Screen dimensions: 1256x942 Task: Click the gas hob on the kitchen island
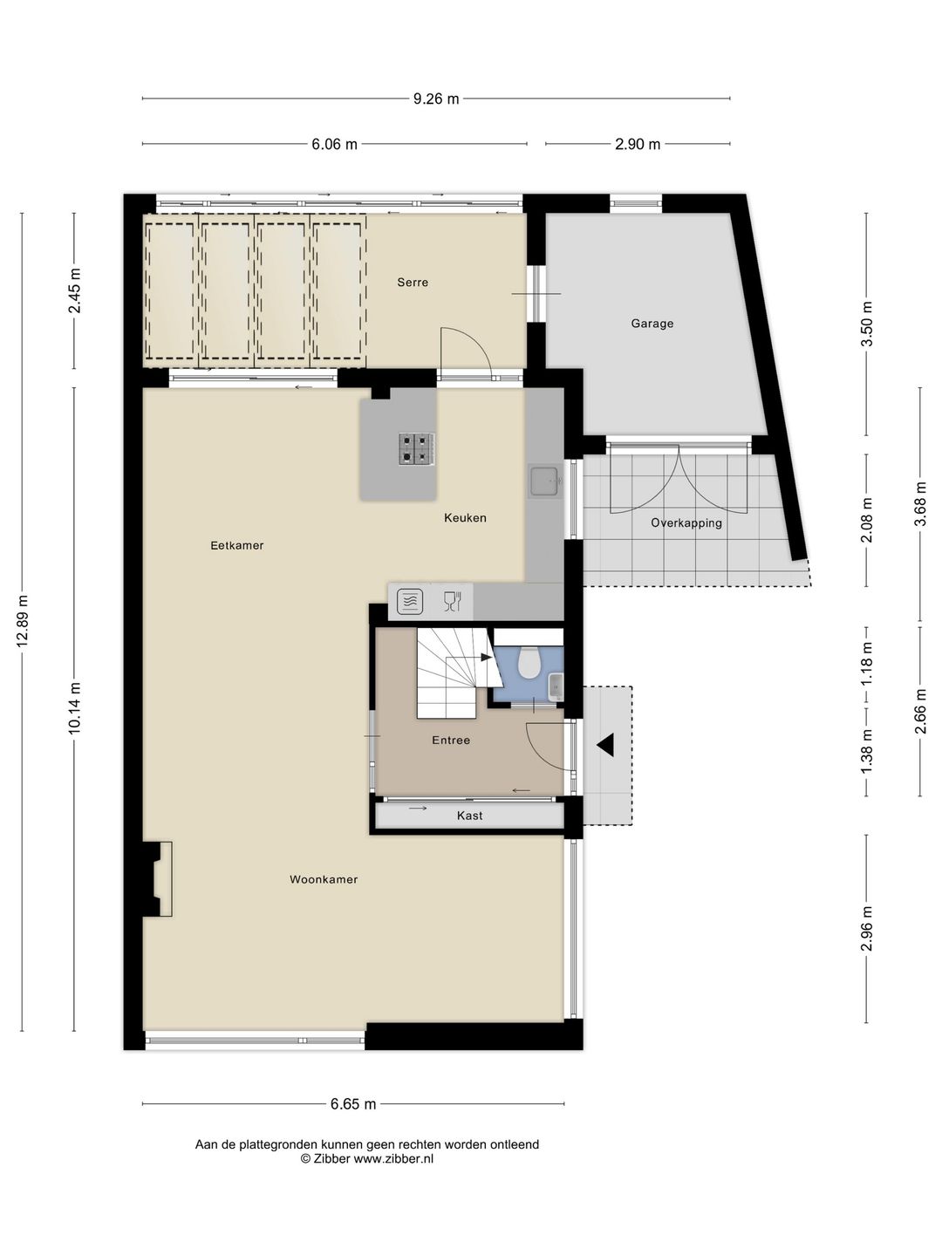[x=417, y=449]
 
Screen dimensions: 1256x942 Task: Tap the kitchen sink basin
[x=545, y=480]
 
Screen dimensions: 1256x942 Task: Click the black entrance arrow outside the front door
[x=605, y=745]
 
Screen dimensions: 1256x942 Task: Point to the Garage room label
[x=652, y=324]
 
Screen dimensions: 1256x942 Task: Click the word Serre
[x=413, y=283]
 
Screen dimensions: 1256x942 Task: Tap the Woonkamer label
[x=324, y=879]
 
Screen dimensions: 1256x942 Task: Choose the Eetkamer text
[x=236, y=545]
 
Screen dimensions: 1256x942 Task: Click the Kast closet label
[x=469, y=816]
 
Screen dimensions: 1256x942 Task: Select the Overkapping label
[x=686, y=523]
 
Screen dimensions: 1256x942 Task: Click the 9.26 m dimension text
[x=436, y=99]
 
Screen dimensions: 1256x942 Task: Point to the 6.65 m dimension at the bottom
[x=353, y=1104]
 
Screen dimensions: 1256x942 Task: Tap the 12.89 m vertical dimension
[x=23, y=619]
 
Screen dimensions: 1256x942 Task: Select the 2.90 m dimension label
[x=638, y=144]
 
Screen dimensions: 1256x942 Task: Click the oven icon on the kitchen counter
[x=410, y=601]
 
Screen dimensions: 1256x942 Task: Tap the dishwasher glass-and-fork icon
[x=452, y=601]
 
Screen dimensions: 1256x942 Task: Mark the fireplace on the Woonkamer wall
[x=159, y=878]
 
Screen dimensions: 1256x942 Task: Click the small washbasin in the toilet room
[x=556, y=686]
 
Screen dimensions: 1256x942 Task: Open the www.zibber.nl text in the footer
[x=393, y=1159]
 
